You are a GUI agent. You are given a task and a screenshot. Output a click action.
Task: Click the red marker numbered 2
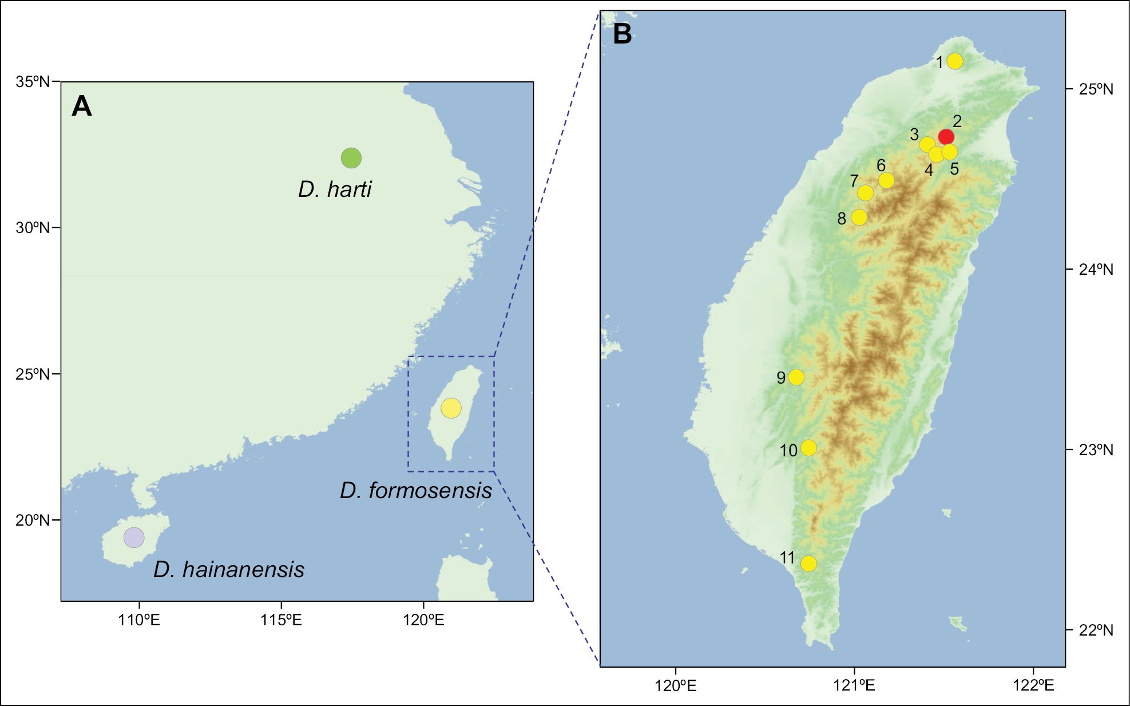946,136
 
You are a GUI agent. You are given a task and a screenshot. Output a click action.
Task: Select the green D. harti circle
351,157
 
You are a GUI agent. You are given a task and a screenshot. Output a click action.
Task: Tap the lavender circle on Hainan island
134,538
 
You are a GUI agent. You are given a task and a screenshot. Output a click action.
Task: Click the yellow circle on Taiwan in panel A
451,408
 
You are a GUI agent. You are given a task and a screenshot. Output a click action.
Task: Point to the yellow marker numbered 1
955,61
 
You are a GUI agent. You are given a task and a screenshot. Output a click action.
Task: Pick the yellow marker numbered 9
796,377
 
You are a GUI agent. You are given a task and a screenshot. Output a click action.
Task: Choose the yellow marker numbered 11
808,563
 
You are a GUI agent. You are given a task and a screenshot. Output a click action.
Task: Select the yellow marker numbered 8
859,217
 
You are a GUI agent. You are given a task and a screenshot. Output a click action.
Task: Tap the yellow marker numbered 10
808,448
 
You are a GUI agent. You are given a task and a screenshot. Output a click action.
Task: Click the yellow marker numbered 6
886,180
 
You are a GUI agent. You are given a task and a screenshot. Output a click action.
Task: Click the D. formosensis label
416,491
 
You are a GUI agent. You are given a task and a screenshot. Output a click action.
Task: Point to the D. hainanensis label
229,569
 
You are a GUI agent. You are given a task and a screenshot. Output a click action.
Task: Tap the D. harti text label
335,189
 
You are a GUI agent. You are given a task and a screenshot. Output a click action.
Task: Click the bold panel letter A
82,107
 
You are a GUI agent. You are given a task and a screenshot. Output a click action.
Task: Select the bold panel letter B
623,34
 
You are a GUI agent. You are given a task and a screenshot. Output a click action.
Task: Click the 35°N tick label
33,82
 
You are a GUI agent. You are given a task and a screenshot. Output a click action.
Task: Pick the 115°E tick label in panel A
281,620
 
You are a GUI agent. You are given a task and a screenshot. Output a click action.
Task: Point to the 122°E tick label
1033,685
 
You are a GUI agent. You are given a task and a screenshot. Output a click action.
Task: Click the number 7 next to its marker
854,181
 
